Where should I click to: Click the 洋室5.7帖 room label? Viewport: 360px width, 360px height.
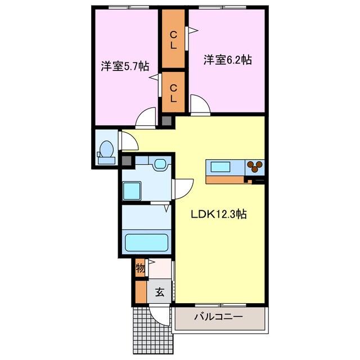(x=125, y=66)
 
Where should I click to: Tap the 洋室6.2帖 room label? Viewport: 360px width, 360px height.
(x=227, y=60)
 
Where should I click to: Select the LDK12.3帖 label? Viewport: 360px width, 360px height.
(x=219, y=214)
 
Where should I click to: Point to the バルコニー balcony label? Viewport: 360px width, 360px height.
(x=218, y=317)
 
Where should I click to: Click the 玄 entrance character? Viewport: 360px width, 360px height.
(x=160, y=292)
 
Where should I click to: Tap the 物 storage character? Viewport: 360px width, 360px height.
(x=140, y=268)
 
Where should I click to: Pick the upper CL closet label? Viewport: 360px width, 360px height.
(x=173, y=40)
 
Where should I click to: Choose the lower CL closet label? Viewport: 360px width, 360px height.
(x=173, y=93)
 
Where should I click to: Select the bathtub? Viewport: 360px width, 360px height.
(x=146, y=242)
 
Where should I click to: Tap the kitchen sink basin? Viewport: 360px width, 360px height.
(x=220, y=166)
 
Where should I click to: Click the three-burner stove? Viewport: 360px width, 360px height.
(x=255, y=166)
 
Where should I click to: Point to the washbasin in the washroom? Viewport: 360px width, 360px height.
(x=160, y=164)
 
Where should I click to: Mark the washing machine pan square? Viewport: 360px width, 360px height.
(x=132, y=191)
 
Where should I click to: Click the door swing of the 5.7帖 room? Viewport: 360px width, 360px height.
(x=146, y=118)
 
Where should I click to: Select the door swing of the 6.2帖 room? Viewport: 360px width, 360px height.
(x=200, y=105)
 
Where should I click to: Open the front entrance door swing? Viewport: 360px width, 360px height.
(x=159, y=316)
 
